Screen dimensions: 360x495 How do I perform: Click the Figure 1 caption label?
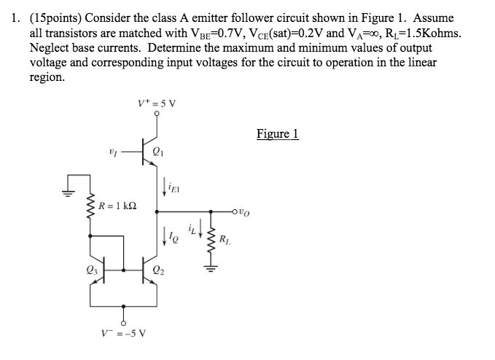(278, 134)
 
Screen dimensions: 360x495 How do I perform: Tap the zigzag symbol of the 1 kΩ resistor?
(91, 212)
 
